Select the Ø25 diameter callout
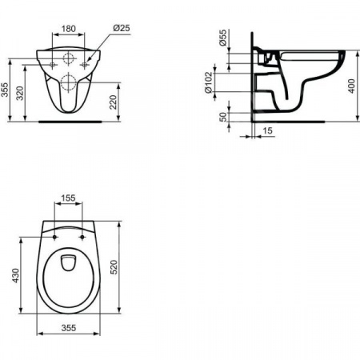(x=122, y=28)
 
